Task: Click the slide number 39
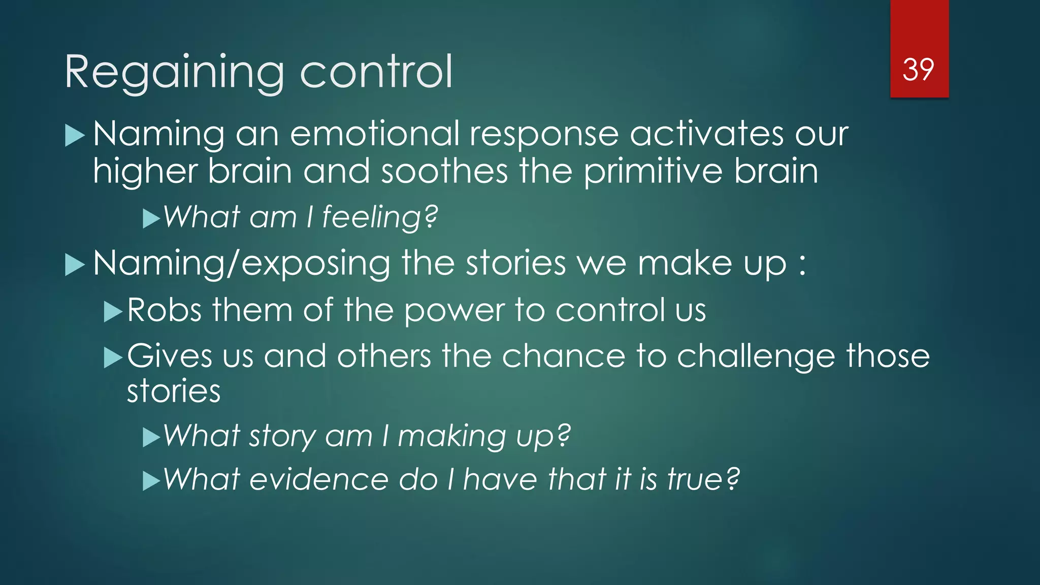pos(918,70)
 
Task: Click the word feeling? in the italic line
pos(380,217)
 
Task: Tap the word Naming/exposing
pos(241,264)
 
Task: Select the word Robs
pos(165,310)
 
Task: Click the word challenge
pos(756,356)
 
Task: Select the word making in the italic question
pos(451,436)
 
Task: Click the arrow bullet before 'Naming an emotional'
pos(75,136)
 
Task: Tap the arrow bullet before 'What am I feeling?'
pos(151,219)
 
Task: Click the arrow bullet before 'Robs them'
pos(113,312)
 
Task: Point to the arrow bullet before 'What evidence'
pos(151,481)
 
